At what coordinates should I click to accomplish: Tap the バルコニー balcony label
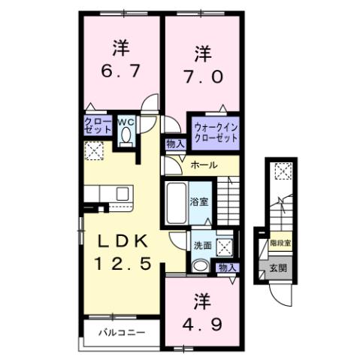120,331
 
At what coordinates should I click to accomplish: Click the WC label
125,120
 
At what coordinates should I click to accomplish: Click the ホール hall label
204,165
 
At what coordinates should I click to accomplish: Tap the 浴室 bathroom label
198,202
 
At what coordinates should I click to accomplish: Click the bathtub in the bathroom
175,203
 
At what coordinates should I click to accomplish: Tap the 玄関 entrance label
277,267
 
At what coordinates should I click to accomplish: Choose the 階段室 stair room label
280,244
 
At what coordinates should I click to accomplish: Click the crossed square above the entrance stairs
281,171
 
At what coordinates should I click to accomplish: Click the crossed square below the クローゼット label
95,152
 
